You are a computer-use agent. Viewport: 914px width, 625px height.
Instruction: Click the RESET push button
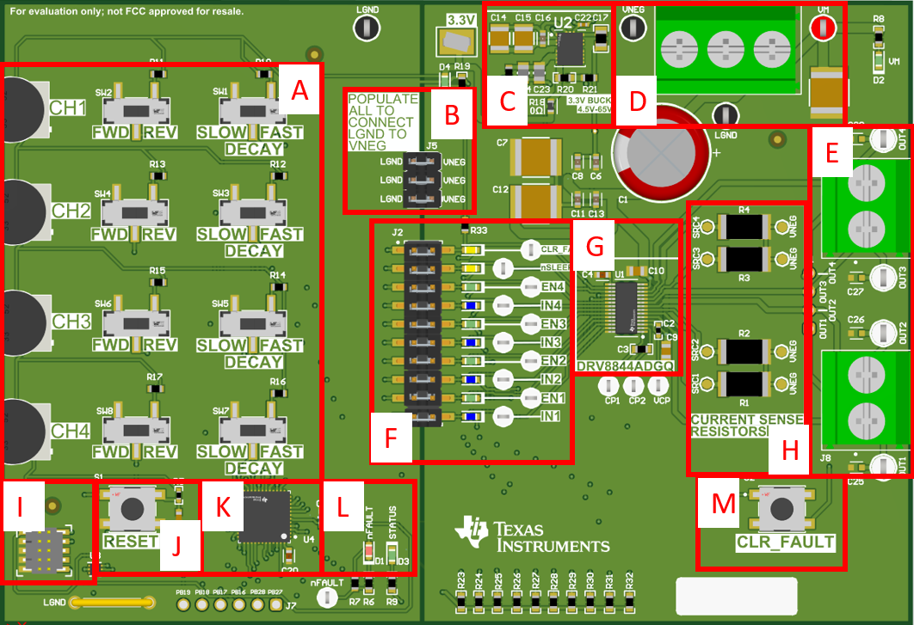[x=132, y=508]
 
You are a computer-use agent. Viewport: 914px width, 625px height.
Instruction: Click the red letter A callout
[x=299, y=89]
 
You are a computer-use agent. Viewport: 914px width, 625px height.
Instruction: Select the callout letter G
[x=594, y=246]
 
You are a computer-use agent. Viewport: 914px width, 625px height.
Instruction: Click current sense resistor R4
[x=744, y=226]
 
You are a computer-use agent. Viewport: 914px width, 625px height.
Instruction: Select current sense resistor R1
[x=744, y=383]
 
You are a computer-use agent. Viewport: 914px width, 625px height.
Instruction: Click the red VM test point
[x=822, y=28]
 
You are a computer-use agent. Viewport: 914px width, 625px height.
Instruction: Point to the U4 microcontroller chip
[x=265, y=516]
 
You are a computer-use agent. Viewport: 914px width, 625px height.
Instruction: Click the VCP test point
[x=661, y=385]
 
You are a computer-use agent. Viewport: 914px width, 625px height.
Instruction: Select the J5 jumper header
[x=423, y=181]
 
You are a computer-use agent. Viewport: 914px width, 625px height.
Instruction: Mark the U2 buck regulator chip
[x=569, y=48]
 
